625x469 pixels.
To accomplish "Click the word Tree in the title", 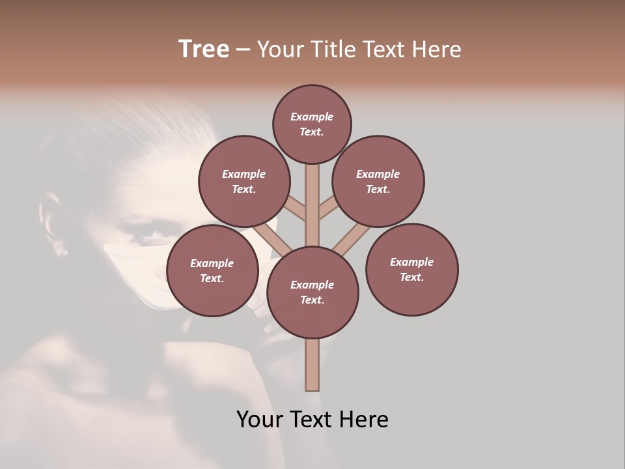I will point(204,50).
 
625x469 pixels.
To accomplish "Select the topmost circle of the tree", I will point(312,124).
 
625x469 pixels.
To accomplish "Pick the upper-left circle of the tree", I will point(243,181).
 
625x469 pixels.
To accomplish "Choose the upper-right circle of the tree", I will point(378,181).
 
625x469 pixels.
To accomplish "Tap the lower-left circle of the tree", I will point(212,270).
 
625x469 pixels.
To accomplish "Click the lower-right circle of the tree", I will point(411,269).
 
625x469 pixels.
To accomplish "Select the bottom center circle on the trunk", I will point(312,292).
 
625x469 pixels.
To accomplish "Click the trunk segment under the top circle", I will point(312,195).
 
